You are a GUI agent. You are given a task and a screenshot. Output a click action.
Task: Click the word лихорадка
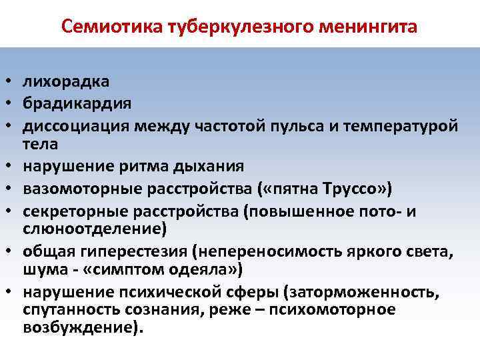point(67,82)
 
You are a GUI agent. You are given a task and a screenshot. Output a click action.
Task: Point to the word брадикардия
point(77,103)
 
